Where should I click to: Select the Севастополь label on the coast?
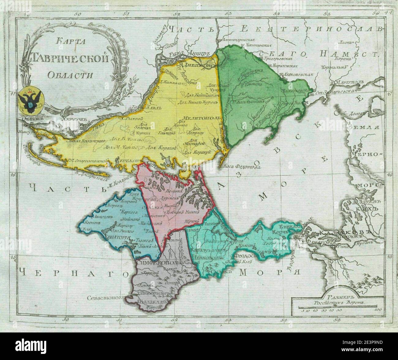[111, 297]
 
